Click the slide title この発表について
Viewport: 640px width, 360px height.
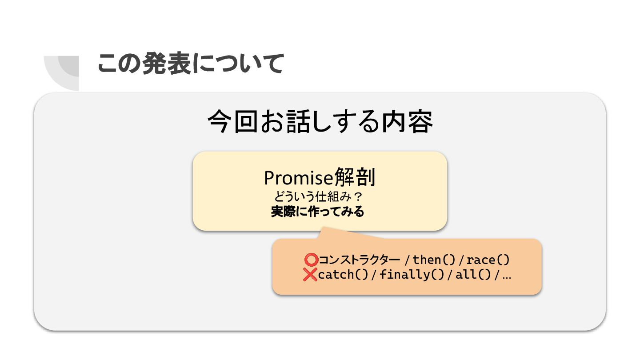pyautogui.click(x=190, y=64)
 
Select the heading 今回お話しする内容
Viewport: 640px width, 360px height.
pyautogui.click(x=320, y=122)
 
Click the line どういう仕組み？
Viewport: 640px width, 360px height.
pyautogui.click(x=320, y=196)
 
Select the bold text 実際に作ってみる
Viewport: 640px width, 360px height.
pyautogui.click(x=317, y=212)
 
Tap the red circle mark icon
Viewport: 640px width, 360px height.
pyautogui.click(x=312, y=260)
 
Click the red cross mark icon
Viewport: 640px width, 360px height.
pyautogui.click(x=310, y=275)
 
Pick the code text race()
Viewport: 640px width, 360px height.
pyautogui.click(x=488, y=260)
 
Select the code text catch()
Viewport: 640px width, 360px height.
pyautogui.click(x=343, y=275)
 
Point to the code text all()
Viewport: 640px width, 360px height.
pyautogui.click(x=473, y=275)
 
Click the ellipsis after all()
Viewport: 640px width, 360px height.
pyautogui.click(x=506, y=276)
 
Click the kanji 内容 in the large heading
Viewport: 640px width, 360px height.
pyautogui.click(x=407, y=122)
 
